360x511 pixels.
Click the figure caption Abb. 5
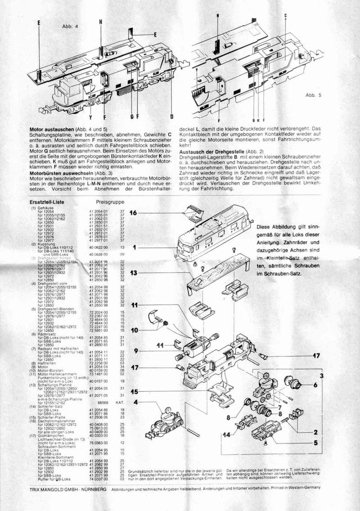click(313, 95)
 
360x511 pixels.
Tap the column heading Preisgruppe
click(110, 202)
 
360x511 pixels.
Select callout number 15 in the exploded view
click(135, 392)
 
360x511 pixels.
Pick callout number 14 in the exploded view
click(229, 435)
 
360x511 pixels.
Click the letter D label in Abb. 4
click(172, 117)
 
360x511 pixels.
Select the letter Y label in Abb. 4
click(90, 118)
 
